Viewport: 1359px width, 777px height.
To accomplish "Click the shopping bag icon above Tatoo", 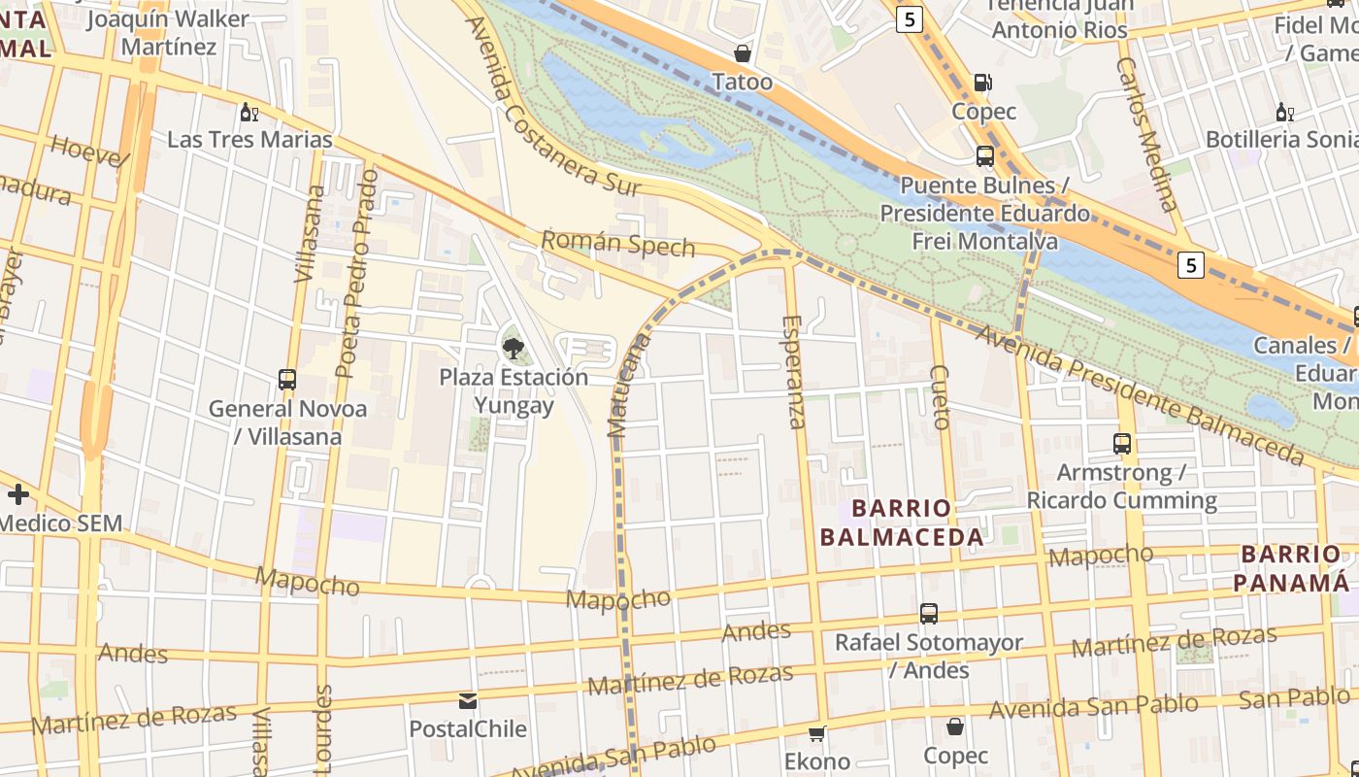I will tap(743, 53).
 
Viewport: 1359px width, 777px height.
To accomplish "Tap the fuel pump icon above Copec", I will tap(983, 83).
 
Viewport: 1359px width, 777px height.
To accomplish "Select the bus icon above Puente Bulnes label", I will tap(984, 155).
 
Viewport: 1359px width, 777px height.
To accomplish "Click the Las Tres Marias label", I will tap(249, 139).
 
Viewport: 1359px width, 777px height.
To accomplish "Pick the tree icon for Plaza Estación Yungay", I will tap(513, 347).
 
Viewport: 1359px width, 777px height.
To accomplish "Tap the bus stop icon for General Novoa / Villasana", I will tap(287, 380).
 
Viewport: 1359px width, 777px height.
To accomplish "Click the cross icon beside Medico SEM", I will tap(17, 494).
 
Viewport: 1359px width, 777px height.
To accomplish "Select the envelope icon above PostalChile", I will tap(468, 700).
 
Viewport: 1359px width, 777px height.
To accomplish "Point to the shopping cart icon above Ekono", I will tap(817, 732).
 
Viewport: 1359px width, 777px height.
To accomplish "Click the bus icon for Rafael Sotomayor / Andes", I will tap(929, 614).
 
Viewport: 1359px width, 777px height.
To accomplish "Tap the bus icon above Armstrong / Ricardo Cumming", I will tap(1122, 444).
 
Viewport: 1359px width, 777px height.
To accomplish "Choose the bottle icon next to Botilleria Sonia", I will tap(1285, 112).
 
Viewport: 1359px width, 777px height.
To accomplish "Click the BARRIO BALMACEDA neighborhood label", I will tap(902, 523).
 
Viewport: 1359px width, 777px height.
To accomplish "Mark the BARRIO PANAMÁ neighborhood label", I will tap(1290, 568).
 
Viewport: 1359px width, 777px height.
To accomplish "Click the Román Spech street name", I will tap(618, 243).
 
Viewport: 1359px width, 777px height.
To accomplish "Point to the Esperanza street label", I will tap(793, 372).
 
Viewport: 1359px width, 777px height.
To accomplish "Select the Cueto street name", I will tap(939, 397).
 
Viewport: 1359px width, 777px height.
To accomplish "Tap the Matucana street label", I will tap(626, 387).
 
